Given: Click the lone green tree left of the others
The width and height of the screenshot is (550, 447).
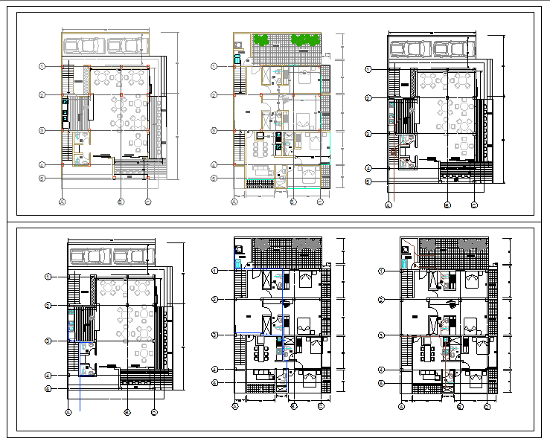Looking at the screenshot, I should [261, 40].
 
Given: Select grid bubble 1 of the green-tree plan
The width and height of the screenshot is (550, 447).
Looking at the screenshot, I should [214, 67].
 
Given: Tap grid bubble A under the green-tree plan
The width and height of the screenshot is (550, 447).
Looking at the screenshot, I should [234, 202].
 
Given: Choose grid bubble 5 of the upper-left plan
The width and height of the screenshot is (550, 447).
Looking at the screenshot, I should [42, 179].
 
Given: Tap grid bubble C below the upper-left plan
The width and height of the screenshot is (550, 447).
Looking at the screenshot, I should [148, 202].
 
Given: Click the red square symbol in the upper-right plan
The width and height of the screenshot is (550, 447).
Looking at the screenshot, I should [394, 151].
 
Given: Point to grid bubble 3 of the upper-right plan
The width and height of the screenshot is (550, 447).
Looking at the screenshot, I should [368, 134].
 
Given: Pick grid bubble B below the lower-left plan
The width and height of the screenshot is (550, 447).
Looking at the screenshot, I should [127, 411].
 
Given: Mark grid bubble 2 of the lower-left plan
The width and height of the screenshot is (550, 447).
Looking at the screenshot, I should [47, 305].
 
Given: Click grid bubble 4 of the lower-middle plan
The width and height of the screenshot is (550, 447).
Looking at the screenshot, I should [214, 369].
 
